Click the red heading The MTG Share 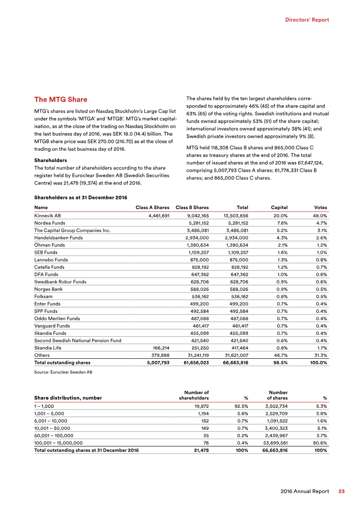[61, 99]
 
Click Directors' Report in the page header [307, 20]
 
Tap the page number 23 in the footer [342, 491]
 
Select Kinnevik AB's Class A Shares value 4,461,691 [155, 216]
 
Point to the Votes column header [320, 207]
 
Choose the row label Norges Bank [48, 289]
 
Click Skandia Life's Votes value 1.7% [321, 348]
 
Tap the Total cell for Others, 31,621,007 [235, 355]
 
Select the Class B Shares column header [192, 207]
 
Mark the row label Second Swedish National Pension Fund [77, 341]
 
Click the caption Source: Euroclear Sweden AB [63, 372]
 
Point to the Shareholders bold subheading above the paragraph [50, 160]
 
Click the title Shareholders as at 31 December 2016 [81, 198]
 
